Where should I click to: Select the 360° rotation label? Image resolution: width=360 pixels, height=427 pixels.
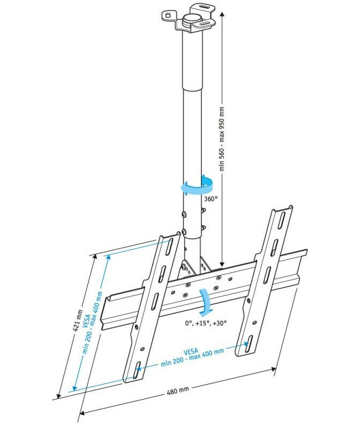(x=211, y=199)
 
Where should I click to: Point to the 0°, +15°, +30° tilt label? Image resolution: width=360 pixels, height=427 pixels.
(x=206, y=323)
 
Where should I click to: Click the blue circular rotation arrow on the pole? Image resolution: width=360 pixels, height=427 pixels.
(x=197, y=185)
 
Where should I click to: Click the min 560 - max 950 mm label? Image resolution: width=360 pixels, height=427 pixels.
(x=222, y=139)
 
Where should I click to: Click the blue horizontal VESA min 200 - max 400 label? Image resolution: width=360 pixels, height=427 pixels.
(x=192, y=356)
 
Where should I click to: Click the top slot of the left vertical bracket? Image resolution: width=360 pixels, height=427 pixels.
(x=169, y=247)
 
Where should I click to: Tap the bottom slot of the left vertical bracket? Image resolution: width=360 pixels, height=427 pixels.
(x=137, y=370)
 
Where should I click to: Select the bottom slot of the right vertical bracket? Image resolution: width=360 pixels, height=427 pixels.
(x=248, y=344)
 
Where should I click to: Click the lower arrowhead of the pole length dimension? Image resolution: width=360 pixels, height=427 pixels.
(x=222, y=264)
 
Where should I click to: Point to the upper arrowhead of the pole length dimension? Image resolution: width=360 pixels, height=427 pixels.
(x=222, y=14)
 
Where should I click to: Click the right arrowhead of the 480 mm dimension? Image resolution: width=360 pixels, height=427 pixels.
(x=273, y=369)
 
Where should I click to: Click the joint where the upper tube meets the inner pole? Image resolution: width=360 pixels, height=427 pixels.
(x=192, y=88)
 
